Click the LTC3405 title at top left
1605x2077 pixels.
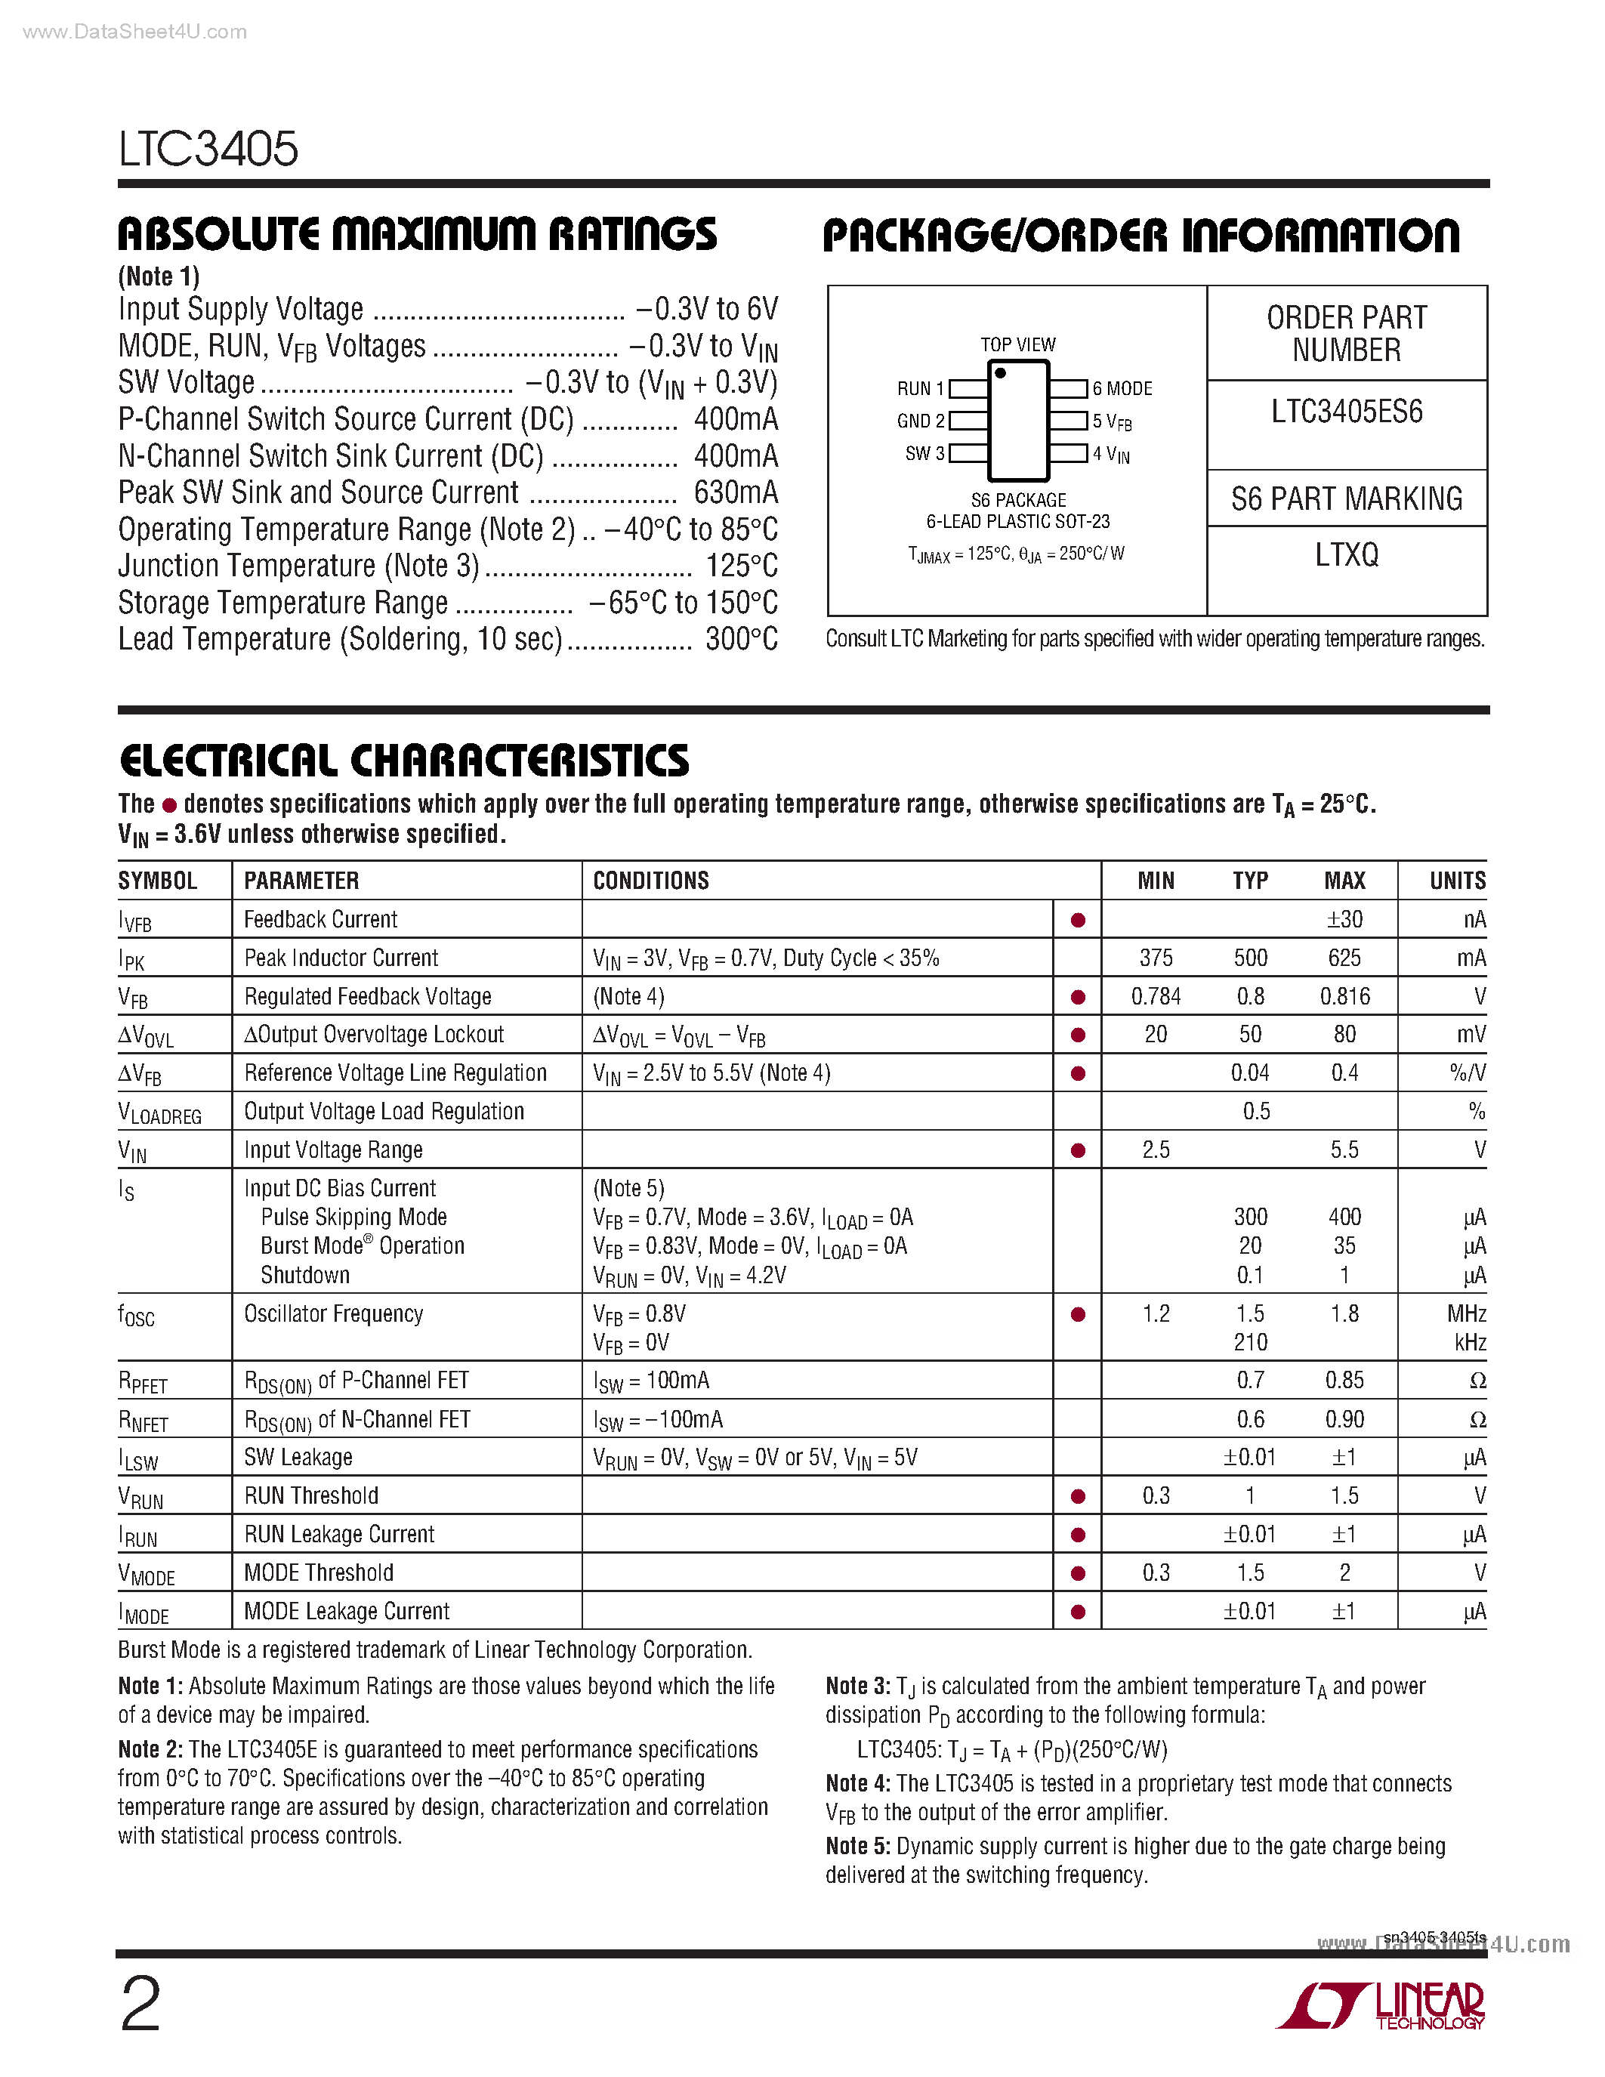point(208,150)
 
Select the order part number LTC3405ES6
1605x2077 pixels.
point(1347,412)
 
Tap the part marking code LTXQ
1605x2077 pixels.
point(1347,554)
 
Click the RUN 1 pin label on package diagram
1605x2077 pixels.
point(919,389)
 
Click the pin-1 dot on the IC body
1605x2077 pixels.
point(1000,374)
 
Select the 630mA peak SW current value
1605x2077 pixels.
point(735,492)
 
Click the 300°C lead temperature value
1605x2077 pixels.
point(741,639)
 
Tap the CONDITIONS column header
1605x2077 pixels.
point(650,881)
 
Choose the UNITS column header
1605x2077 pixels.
point(1457,881)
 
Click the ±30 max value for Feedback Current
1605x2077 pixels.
point(1344,920)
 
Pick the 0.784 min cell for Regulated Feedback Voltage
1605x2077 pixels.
point(1156,997)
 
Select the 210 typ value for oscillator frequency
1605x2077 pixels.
point(1250,1342)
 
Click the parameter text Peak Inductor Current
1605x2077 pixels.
point(341,958)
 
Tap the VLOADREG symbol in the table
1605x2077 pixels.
point(159,1113)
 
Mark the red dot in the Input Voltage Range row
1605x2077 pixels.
point(1077,1151)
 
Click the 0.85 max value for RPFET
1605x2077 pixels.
point(1344,1380)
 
